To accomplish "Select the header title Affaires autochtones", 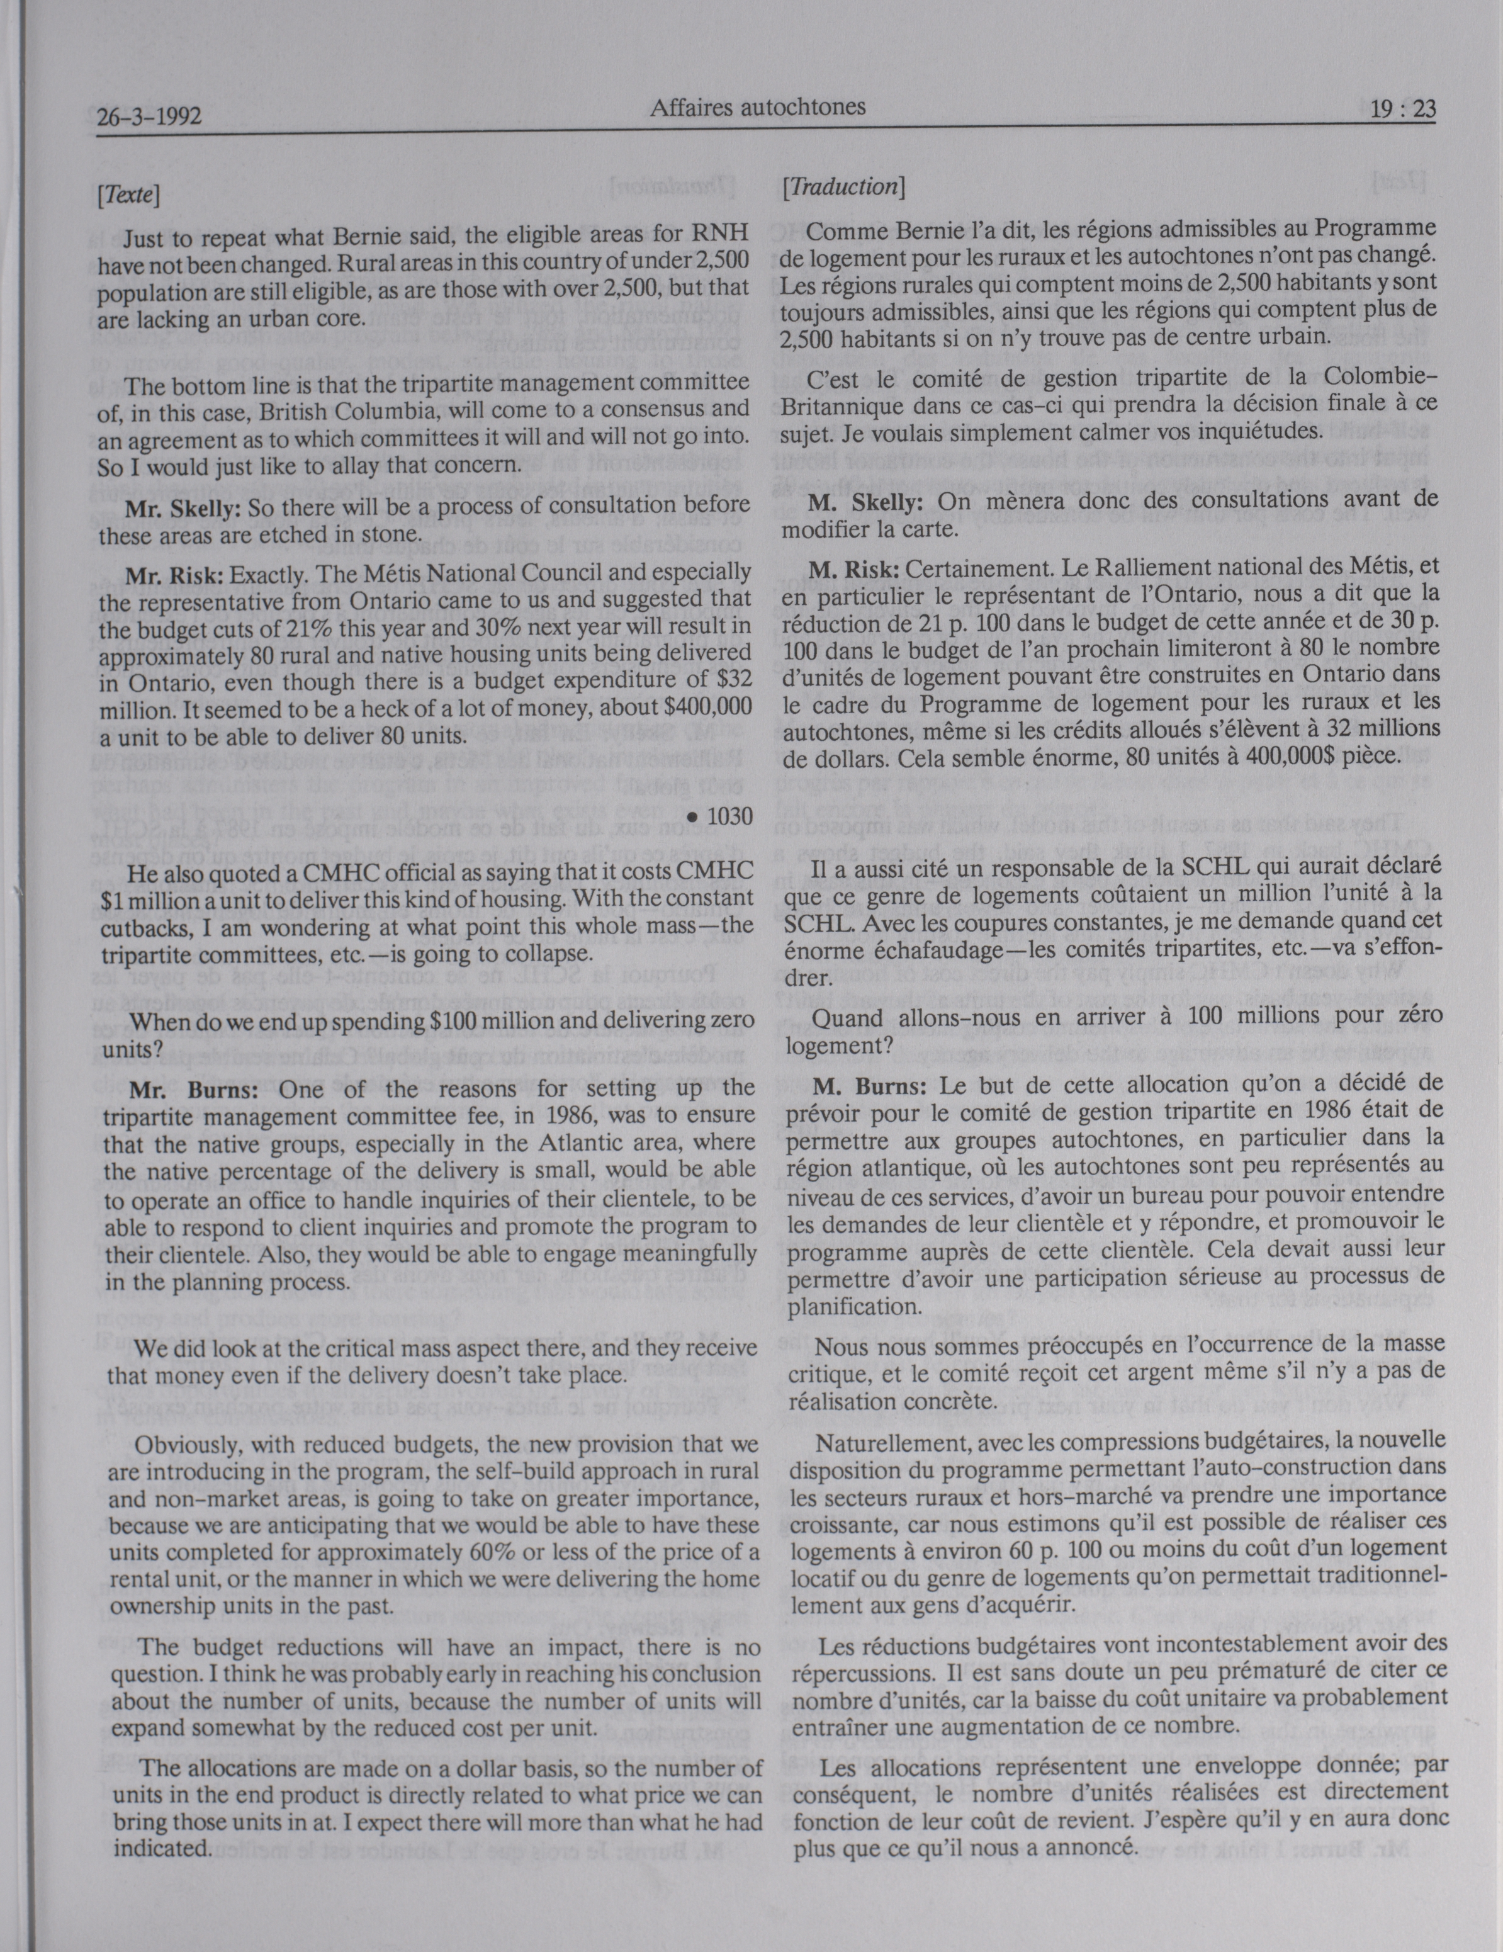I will (x=758, y=108).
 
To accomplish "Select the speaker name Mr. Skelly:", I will (x=183, y=509).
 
